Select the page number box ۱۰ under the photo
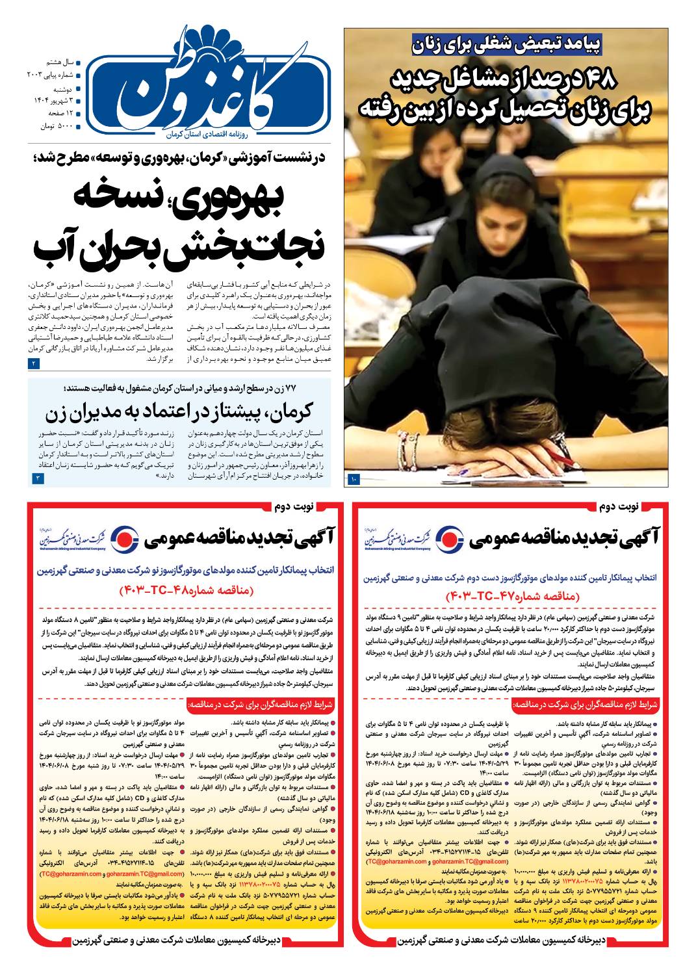click(354, 479)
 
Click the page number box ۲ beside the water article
click(34, 364)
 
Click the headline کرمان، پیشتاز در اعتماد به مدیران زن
click(179, 411)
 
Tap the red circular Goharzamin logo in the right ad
click(447, 538)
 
